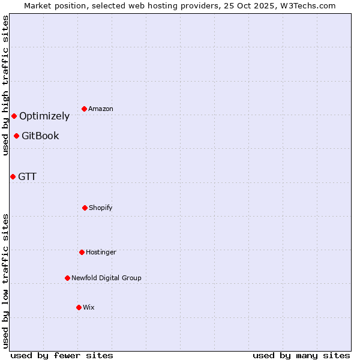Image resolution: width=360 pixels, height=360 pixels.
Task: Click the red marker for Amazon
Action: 84,109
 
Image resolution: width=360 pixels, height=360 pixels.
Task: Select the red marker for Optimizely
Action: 14,116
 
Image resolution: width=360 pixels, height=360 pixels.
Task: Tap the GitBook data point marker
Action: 16,136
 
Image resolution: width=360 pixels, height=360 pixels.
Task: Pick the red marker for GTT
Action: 13,176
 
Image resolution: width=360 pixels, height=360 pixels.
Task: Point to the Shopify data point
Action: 85,208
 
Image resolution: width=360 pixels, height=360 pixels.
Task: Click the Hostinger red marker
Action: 82,252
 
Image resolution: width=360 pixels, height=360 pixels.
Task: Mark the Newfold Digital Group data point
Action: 67,278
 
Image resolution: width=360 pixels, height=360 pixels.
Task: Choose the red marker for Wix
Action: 79,307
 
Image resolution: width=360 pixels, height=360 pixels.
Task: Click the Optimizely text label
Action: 44,116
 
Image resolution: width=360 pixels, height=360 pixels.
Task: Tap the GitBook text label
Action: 40,136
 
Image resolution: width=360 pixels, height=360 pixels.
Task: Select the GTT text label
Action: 27,177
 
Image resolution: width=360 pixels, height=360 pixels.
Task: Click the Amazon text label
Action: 101,109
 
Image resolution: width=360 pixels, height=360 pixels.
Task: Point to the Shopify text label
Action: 101,208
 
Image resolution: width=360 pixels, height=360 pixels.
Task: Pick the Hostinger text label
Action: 101,253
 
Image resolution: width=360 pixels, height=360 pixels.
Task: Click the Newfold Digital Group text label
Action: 106,278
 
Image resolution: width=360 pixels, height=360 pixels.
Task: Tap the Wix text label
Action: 89,308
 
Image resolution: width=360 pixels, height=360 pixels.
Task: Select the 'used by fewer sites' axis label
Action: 62,355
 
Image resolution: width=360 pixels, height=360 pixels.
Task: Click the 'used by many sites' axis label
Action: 301,355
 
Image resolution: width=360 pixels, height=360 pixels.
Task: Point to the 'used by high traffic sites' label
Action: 5,85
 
